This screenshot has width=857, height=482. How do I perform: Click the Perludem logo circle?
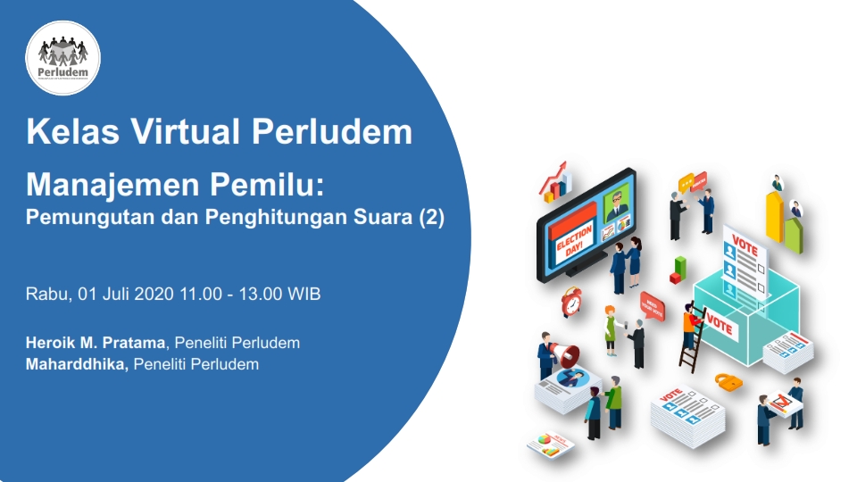62,57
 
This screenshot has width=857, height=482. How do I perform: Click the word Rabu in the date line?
45,294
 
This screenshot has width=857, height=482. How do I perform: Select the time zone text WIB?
304,294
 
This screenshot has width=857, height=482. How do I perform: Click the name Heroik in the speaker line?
54,343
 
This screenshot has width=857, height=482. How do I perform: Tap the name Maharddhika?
77,364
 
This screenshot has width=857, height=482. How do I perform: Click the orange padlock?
729,382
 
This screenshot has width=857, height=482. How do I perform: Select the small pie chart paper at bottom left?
549,444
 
